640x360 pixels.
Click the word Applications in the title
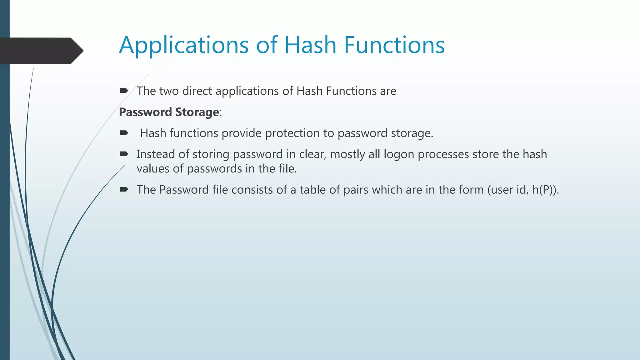click(x=184, y=45)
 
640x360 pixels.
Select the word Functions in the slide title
click(x=394, y=45)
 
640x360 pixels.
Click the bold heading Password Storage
click(x=169, y=112)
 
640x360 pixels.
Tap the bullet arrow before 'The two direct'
click(x=124, y=91)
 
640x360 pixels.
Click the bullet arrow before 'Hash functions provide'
click(x=124, y=133)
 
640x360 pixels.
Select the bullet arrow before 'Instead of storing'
click(x=124, y=154)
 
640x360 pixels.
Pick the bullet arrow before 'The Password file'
click(x=124, y=189)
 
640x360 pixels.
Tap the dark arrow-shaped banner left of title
click(x=41, y=51)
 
